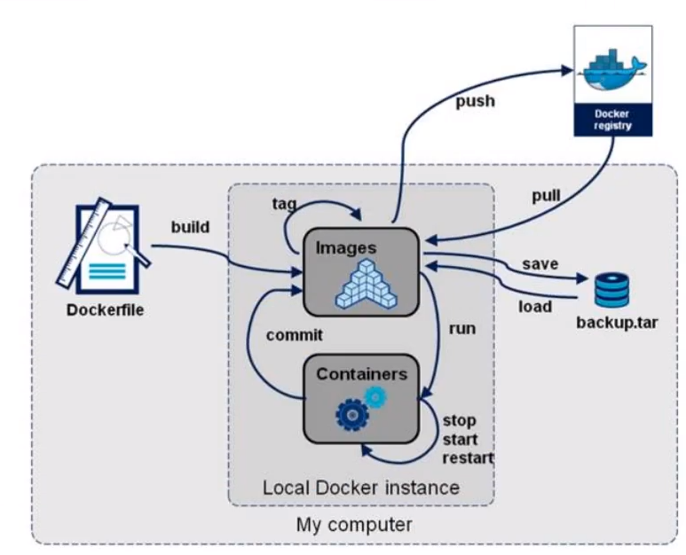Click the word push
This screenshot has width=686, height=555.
[475, 101]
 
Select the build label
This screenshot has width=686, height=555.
[190, 227]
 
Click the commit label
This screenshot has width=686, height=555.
[295, 335]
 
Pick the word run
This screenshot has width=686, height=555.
[461, 328]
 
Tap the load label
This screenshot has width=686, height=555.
[534, 307]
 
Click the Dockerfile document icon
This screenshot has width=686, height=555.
[105, 249]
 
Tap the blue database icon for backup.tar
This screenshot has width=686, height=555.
[611, 289]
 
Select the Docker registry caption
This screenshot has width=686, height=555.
[612, 120]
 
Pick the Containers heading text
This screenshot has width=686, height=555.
[361, 373]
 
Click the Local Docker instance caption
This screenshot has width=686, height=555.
[361, 488]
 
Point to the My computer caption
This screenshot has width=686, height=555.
[354, 525]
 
